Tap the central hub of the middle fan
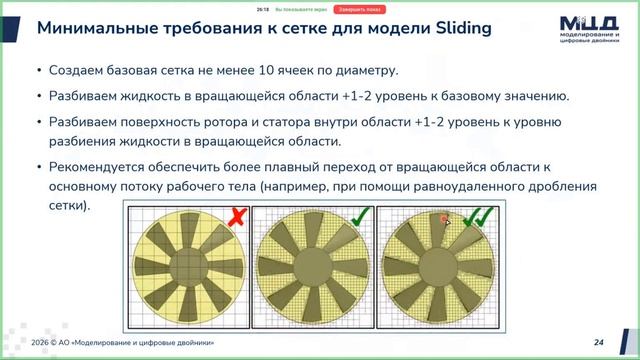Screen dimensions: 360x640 (x=313, y=265)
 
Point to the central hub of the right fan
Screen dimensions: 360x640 (x=441, y=265)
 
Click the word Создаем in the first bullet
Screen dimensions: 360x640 (x=76, y=72)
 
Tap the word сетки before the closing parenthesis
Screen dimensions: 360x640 (x=66, y=205)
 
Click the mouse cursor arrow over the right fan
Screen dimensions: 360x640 (x=446, y=222)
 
